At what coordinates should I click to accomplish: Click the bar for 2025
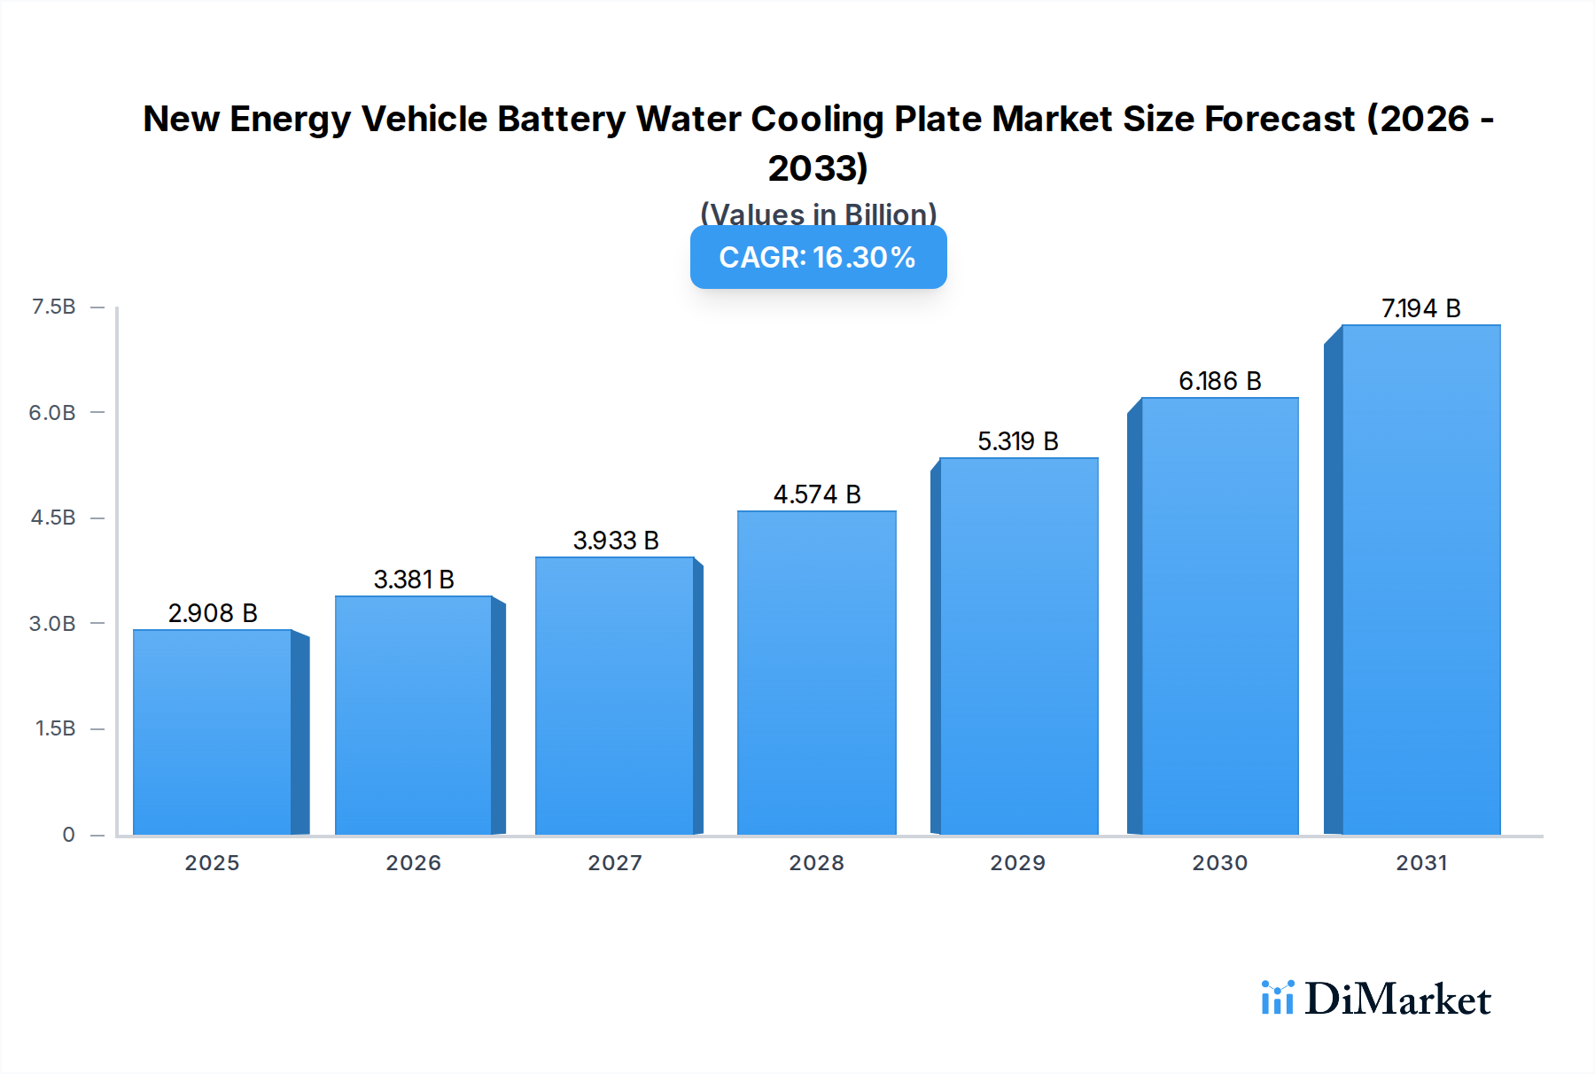(213, 732)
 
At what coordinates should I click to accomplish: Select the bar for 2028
(816, 673)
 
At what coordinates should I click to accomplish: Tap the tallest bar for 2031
(1420, 580)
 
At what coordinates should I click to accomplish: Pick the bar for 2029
(1018, 647)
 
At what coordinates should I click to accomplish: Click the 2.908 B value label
(213, 613)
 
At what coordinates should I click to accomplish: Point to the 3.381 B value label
(414, 580)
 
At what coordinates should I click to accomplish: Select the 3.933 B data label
(616, 541)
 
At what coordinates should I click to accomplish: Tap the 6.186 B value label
(1219, 381)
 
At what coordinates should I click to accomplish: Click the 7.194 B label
(1420, 308)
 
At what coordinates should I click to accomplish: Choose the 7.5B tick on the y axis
(53, 307)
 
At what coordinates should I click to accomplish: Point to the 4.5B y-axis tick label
(53, 518)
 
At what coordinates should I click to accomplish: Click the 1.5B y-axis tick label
(55, 728)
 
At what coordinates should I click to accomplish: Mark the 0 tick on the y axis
(68, 835)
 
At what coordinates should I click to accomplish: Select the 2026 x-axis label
(413, 863)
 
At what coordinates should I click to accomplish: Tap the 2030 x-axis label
(1219, 863)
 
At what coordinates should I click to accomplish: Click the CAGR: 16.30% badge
(818, 257)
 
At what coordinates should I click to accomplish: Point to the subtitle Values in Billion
(818, 214)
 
